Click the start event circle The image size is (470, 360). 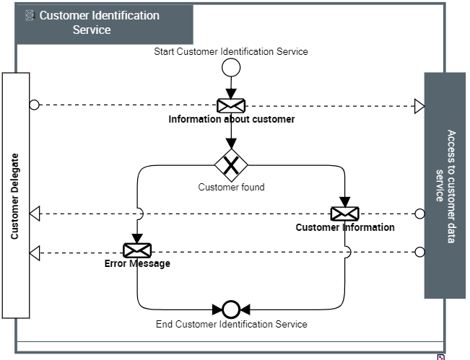[231, 68]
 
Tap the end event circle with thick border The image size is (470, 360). [231, 309]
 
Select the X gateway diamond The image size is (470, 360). [231, 166]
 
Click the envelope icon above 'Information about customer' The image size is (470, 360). [231, 105]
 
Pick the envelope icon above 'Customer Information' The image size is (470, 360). [344, 214]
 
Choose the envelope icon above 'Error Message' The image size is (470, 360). [137, 250]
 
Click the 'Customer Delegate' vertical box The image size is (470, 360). [16, 195]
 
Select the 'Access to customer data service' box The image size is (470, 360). [445, 185]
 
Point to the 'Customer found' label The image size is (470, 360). [231, 188]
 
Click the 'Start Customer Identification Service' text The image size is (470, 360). [231, 51]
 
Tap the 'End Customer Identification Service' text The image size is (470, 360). [231, 324]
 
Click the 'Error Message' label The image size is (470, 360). [137, 264]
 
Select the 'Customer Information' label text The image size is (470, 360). [345, 227]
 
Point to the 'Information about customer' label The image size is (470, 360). [231, 119]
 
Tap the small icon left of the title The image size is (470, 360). [30, 15]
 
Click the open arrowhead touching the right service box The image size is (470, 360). [419, 106]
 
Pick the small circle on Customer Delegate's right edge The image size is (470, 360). [34, 105]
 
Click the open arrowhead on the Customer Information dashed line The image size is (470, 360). [35, 214]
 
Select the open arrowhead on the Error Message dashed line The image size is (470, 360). [35, 253]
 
